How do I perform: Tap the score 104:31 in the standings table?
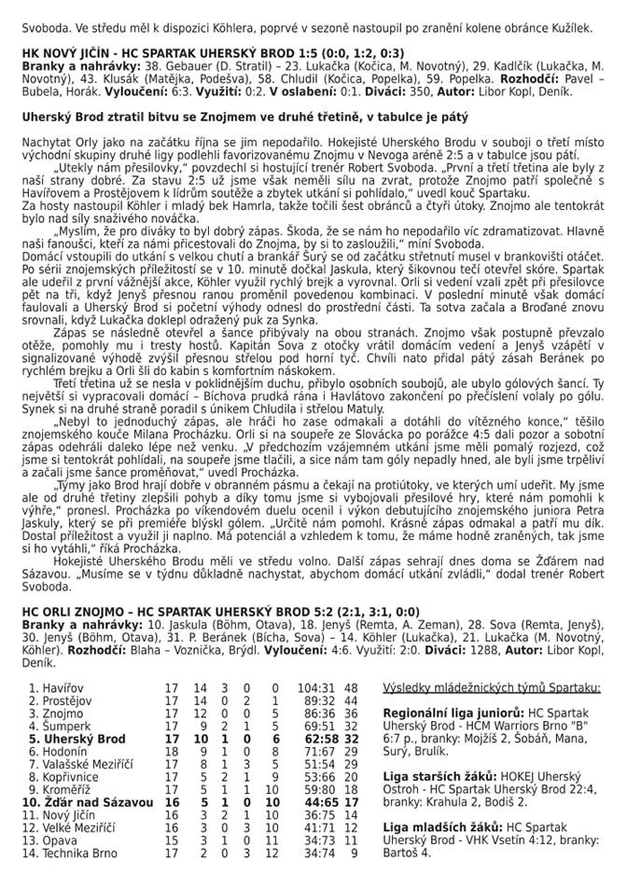(x=315, y=687)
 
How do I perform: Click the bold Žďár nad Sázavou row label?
(x=81, y=801)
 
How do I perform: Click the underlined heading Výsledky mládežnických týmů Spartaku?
(x=492, y=687)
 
